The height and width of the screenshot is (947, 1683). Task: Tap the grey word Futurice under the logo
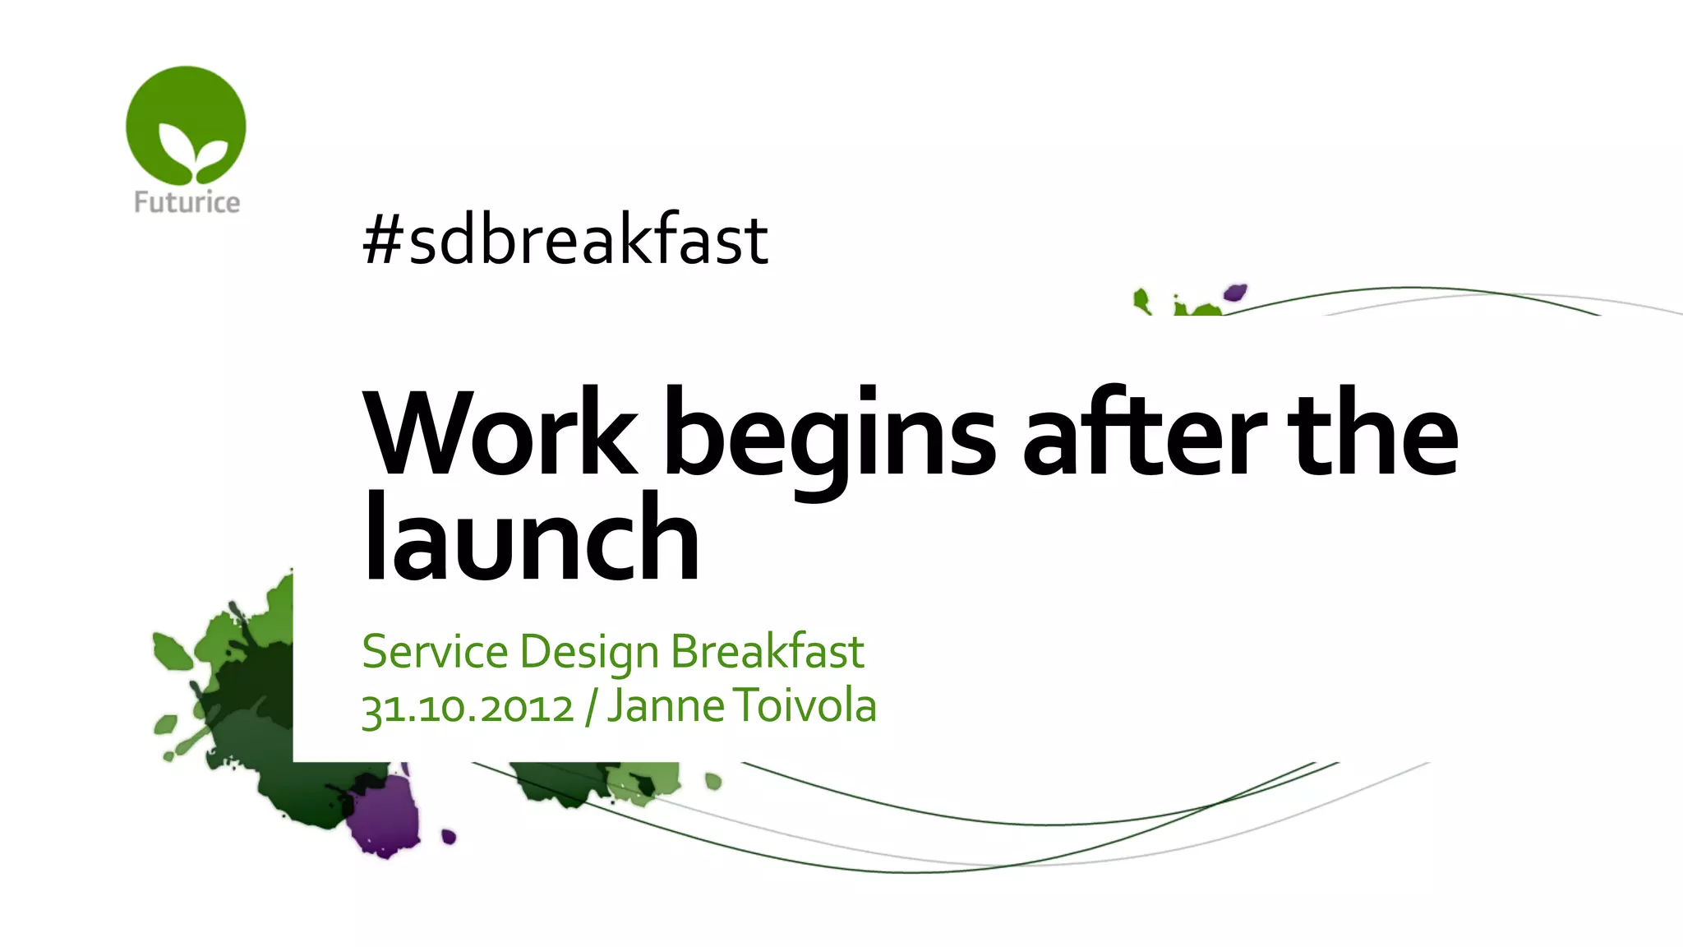point(187,202)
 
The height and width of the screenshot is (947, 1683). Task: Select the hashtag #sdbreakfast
point(565,239)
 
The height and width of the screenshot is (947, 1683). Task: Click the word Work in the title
point(500,433)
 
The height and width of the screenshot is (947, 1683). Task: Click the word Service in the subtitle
point(435,652)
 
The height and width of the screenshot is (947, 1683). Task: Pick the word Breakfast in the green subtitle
point(767,652)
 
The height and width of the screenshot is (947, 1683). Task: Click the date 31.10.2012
point(468,708)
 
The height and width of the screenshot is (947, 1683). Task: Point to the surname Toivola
point(805,706)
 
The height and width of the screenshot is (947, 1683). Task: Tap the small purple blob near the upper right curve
point(1234,293)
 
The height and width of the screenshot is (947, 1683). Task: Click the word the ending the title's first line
point(1372,433)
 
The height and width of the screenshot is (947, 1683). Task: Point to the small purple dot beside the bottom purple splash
point(449,837)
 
